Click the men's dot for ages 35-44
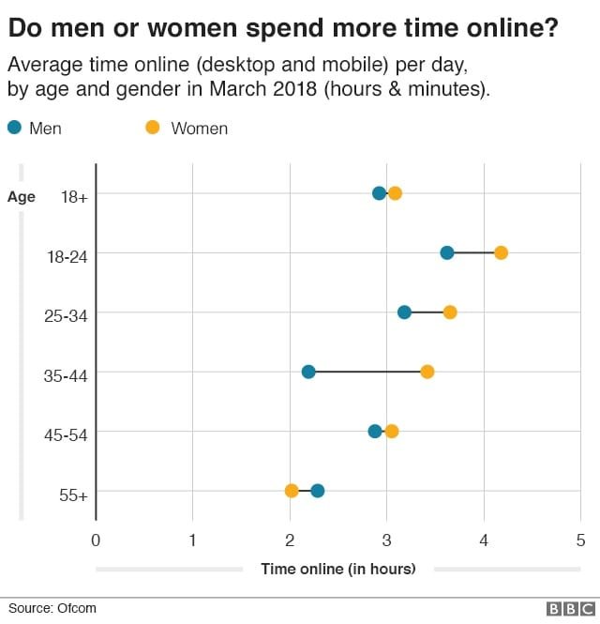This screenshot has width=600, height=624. click(308, 372)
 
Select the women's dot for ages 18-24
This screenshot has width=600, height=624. click(501, 252)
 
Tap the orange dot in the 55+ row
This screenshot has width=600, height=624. click(292, 491)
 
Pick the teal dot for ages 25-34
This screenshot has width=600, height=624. click(404, 312)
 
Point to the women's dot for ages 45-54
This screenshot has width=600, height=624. click(392, 432)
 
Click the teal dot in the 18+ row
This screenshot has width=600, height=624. click(379, 193)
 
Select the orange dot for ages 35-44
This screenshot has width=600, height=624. click(427, 372)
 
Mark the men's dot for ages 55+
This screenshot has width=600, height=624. click(318, 491)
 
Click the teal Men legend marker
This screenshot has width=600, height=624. click(13, 128)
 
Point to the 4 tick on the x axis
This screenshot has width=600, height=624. click(484, 540)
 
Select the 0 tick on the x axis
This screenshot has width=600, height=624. click(96, 540)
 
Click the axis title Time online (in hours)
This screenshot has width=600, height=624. click(338, 569)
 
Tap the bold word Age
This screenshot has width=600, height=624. click(22, 197)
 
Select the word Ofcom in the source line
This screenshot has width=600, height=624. click(77, 608)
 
